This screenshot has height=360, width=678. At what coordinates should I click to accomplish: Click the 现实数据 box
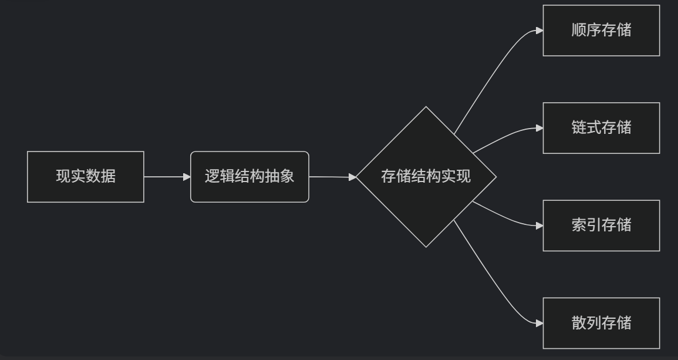point(86,177)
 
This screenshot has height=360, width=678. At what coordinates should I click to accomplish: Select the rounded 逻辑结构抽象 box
point(249,177)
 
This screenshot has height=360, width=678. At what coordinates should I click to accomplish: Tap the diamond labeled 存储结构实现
point(426,177)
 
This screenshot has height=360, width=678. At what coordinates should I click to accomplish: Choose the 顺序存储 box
point(601,31)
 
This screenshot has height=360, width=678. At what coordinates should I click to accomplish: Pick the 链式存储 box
point(601,128)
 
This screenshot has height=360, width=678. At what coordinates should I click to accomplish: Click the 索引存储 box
point(601,226)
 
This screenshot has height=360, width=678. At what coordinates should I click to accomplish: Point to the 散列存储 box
point(601,323)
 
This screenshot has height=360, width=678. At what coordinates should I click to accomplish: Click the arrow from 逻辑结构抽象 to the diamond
point(332,176)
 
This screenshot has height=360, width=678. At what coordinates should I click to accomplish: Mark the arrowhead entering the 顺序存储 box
point(539,31)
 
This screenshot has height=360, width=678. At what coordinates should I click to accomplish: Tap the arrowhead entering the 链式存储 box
point(539,128)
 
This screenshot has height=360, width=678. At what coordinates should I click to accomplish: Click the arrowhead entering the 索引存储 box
point(539,226)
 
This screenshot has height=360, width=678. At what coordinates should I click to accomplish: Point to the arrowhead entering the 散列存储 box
point(539,323)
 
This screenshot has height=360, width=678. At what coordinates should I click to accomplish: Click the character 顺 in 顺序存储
point(579,31)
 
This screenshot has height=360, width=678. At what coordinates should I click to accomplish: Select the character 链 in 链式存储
point(579,128)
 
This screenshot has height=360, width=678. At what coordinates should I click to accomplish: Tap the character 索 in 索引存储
point(579,226)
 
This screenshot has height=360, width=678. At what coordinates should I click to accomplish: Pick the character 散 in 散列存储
point(579,323)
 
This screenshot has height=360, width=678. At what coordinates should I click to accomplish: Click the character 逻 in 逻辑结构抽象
point(212,177)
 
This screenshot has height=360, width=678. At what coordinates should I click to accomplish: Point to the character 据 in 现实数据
point(109,177)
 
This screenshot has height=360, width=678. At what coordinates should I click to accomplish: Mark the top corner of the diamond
point(426,107)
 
